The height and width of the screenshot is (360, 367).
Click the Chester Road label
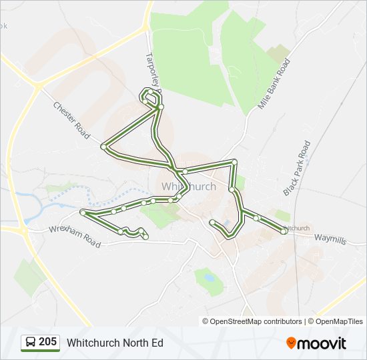71,120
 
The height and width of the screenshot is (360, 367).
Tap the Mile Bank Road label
274,84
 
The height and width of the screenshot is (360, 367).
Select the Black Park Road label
297,168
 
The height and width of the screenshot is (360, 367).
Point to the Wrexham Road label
74,236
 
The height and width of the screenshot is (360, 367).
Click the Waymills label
330,239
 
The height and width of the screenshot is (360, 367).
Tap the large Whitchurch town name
189,187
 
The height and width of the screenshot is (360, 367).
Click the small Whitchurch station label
296,229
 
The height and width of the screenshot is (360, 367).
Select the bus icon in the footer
30,343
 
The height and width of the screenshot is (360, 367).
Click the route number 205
47,342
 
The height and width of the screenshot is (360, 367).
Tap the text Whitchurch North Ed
115,343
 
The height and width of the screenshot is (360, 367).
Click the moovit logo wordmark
322,343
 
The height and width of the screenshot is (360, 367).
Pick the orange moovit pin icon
291,343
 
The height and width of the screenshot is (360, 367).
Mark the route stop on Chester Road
103,146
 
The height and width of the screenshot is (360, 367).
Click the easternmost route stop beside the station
284,231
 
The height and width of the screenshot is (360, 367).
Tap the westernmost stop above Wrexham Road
83,213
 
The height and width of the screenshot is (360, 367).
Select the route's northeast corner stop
234,162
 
